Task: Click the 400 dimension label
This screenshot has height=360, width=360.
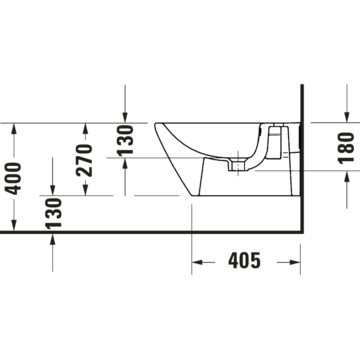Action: [14, 178]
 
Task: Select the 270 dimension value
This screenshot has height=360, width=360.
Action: [85, 160]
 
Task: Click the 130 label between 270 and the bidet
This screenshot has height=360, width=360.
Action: [125, 140]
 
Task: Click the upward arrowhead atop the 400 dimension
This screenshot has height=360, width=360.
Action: [14, 128]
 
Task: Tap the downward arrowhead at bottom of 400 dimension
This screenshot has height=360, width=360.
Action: [14, 226]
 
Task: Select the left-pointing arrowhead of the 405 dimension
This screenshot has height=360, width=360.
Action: [197, 262]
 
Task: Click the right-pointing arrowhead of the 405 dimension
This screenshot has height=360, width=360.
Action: [295, 262]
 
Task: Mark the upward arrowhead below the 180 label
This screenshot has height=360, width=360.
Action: [347, 177]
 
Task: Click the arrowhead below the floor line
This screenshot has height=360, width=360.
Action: [53, 238]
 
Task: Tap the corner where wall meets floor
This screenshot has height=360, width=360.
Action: [302, 231]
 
